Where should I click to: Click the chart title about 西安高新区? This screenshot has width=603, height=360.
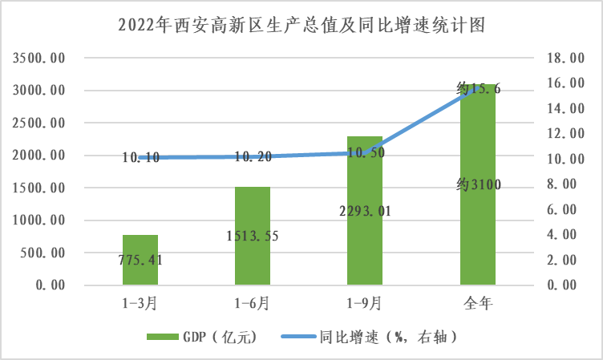click(x=301, y=25)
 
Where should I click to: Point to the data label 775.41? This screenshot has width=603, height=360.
click(x=140, y=260)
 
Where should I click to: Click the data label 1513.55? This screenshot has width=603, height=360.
click(x=252, y=237)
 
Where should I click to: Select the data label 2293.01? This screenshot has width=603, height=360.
click(x=365, y=212)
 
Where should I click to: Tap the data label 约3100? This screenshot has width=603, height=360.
click(x=478, y=186)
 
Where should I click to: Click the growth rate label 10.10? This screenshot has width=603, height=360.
click(x=140, y=158)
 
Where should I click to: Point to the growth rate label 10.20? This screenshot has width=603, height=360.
click(x=252, y=157)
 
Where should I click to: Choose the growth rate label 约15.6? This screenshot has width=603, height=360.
click(x=478, y=89)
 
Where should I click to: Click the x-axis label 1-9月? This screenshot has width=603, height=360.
click(x=365, y=304)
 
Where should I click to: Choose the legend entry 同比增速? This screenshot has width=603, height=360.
click(x=375, y=337)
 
